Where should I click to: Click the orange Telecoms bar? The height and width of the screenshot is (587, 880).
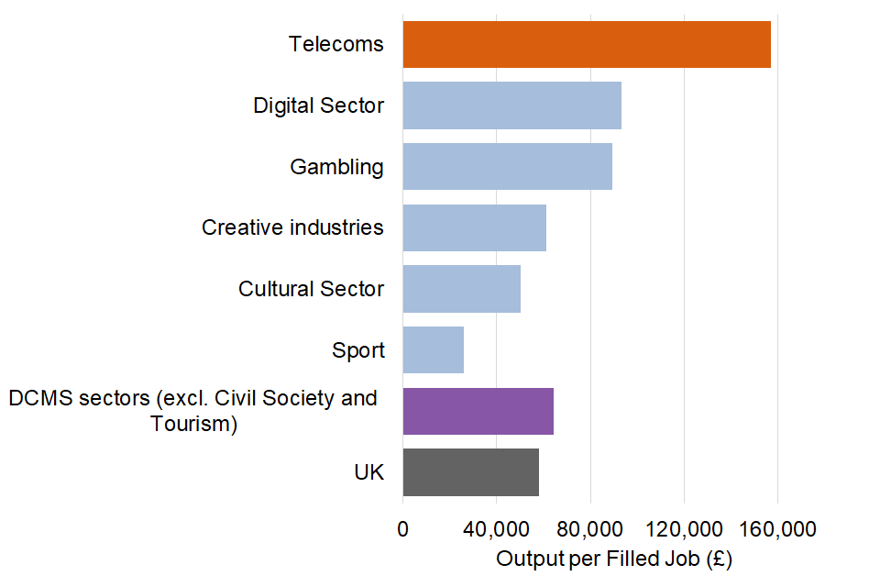pyautogui.click(x=587, y=44)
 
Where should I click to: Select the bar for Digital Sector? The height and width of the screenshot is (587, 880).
pyautogui.click(x=511, y=105)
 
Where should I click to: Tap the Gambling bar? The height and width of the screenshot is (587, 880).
pyautogui.click(x=507, y=166)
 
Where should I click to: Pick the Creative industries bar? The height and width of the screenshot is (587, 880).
pyautogui.click(x=474, y=227)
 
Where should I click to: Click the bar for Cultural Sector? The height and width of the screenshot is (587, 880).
pyautogui.click(x=461, y=289)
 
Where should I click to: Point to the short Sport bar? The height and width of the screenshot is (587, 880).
pyautogui.click(x=433, y=349)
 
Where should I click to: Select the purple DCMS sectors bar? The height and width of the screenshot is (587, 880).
pyautogui.click(x=478, y=411)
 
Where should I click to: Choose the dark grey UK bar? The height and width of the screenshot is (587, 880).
pyautogui.click(x=470, y=472)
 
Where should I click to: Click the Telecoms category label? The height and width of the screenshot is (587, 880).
pyautogui.click(x=336, y=44)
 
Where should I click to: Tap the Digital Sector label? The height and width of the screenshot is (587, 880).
pyautogui.click(x=319, y=105)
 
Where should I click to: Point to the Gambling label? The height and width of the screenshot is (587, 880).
pyautogui.click(x=336, y=167)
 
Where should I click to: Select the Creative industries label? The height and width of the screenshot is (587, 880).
pyautogui.click(x=292, y=227)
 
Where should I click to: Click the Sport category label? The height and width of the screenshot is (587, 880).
pyautogui.click(x=358, y=350)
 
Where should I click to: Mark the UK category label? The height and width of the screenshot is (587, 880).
pyautogui.click(x=368, y=473)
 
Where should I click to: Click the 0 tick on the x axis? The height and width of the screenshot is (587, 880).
pyautogui.click(x=402, y=529)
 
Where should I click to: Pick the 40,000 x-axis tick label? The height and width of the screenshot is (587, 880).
pyautogui.click(x=496, y=529)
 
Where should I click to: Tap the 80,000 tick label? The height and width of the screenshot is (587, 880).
pyautogui.click(x=589, y=529)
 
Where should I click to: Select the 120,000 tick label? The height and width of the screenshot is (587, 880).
pyautogui.click(x=684, y=529)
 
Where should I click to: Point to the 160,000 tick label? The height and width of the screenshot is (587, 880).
pyautogui.click(x=777, y=529)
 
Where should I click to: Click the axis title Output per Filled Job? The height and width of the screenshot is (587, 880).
pyautogui.click(x=614, y=559)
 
